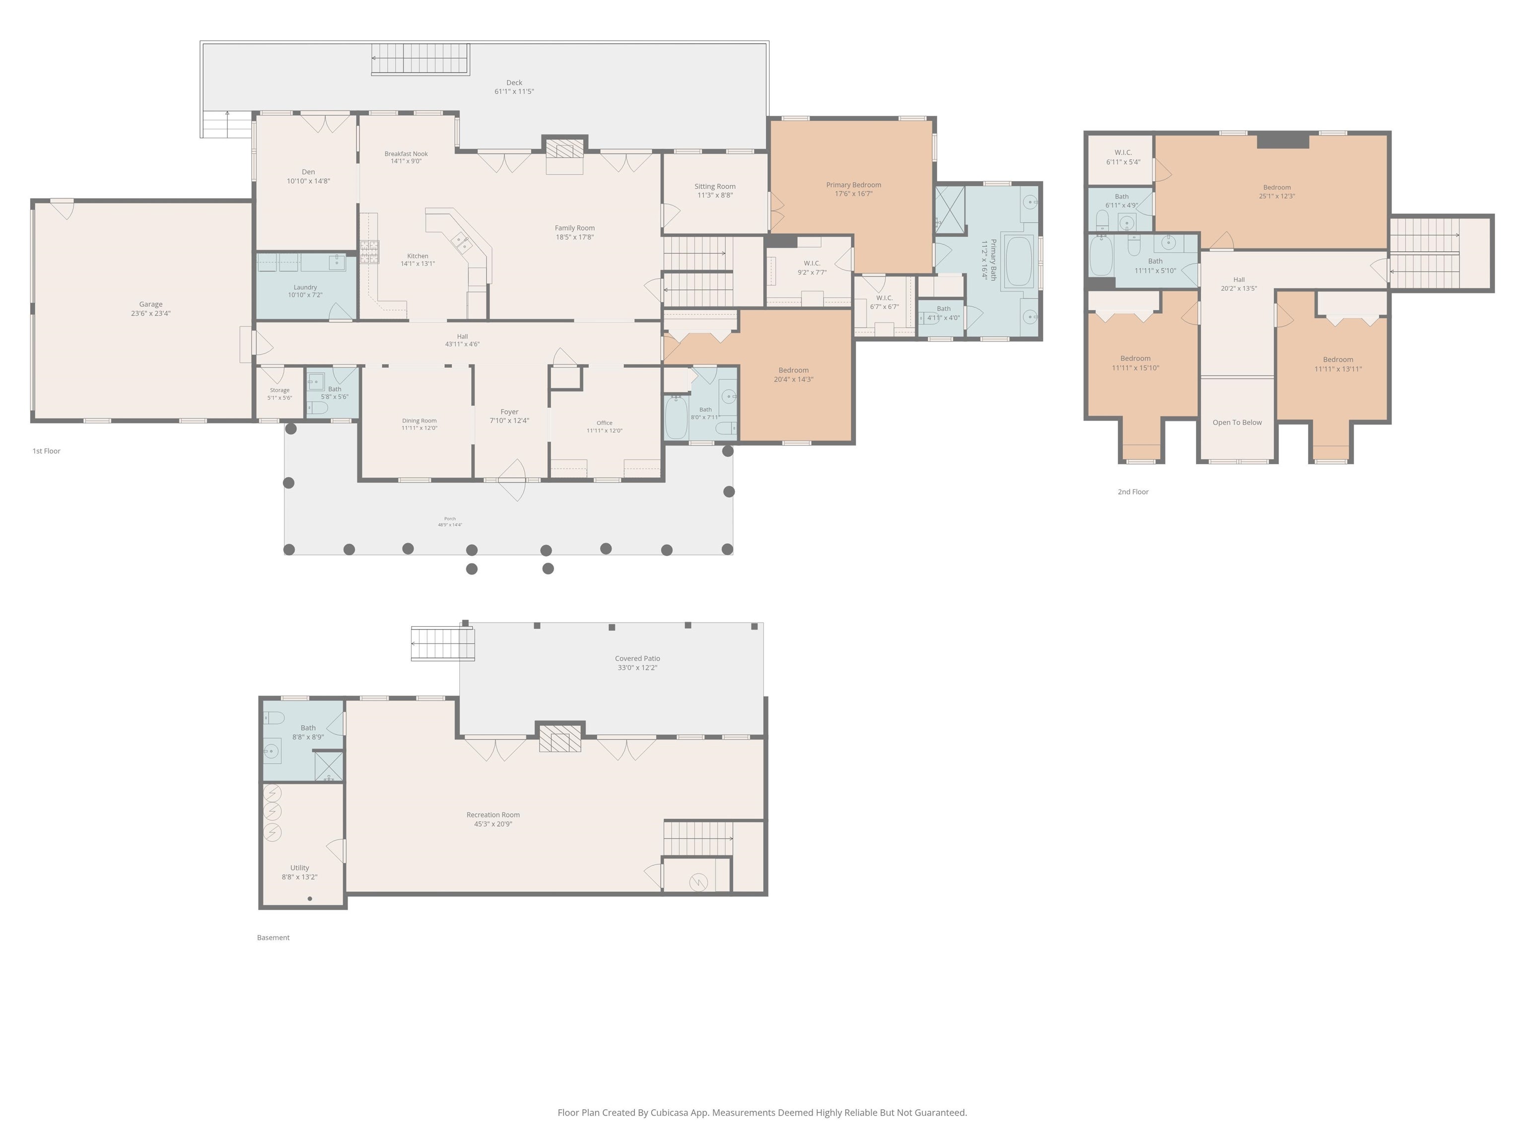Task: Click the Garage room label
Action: pos(151,304)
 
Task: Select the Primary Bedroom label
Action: pos(853,185)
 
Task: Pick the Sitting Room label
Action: pos(715,186)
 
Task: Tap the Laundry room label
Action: pos(305,287)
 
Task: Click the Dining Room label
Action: pos(419,421)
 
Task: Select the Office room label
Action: pos(605,423)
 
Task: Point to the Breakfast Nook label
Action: pos(406,154)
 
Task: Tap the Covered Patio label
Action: pos(638,658)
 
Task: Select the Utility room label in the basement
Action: pos(300,868)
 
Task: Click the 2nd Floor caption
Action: pos(1133,492)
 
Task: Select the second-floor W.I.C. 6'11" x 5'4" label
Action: pos(1123,157)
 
